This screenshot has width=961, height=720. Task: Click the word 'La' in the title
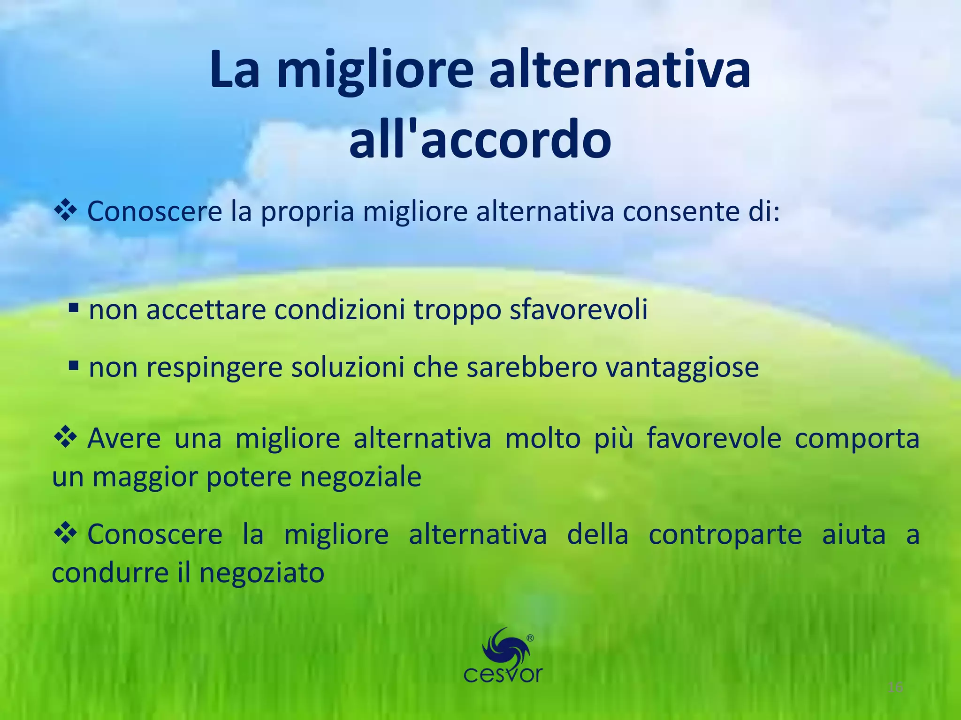click(234, 71)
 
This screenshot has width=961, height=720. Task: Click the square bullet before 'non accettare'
click(73, 308)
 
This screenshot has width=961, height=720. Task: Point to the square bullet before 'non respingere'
click(73, 365)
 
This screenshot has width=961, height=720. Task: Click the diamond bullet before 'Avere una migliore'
click(65, 437)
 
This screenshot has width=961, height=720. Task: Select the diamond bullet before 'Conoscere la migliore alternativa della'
click(65, 534)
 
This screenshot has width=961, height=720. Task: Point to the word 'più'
click(613, 439)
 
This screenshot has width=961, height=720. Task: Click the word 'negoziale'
click(361, 478)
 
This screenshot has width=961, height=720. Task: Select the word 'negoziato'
click(262, 573)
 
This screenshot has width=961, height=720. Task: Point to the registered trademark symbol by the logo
click(530, 638)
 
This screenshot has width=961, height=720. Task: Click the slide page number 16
click(895, 688)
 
